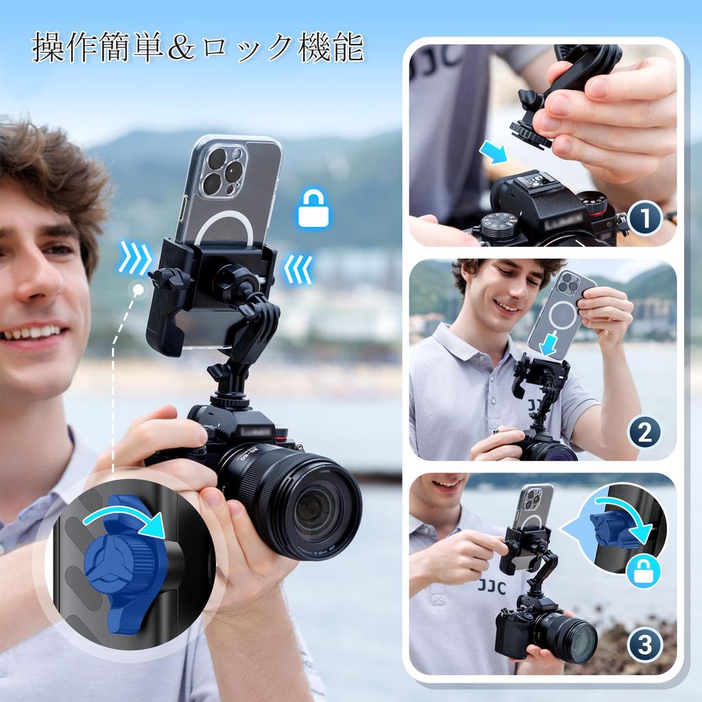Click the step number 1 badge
pyautogui.click(x=644, y=219)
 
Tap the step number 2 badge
pyautogui.click(x=644, y=432)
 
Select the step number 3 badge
pyautogui.click(x=644, y=644)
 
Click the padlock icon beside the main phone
pyautogui.click(x=314, y=208)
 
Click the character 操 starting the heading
pyautogui.click(x=49, y=47)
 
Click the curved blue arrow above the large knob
pyautogui.click(x=127, y=520)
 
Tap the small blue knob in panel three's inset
pyautogui.click(x=606, y=529)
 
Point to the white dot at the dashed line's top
pyautogui.click(x=138, y=290)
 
